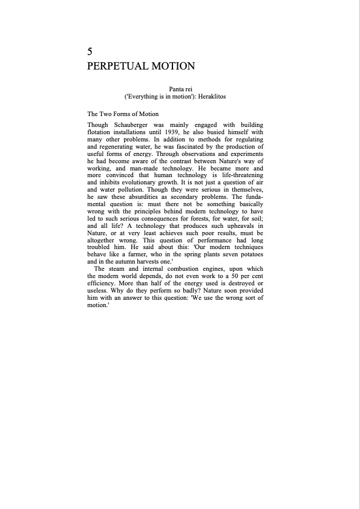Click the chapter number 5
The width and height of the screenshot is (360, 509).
tap(90, 51)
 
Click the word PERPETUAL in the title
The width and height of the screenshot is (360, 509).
tap(115, 66)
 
